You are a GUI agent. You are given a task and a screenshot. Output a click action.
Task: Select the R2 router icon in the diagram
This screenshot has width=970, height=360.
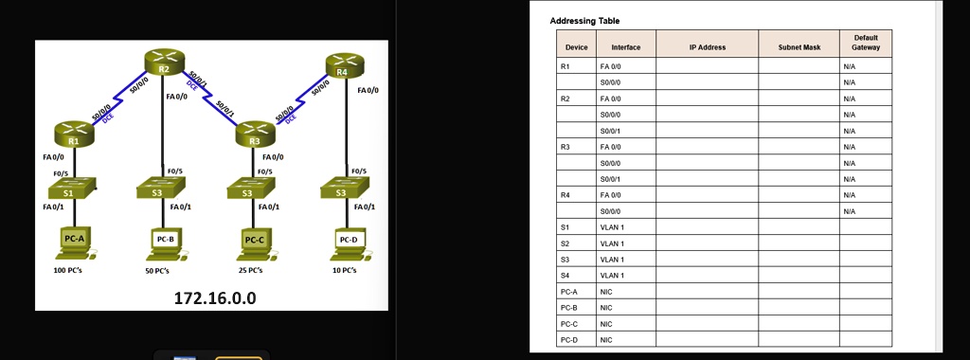(163, 62)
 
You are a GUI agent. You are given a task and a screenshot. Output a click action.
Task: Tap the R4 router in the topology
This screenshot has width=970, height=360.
(343, 64)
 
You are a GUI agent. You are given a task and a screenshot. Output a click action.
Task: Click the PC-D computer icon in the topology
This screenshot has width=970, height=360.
(349, 241)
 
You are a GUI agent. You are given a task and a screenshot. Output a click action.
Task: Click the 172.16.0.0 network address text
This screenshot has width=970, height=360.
(215, 298)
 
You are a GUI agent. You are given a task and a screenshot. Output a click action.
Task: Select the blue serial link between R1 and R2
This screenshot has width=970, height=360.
(117, 99)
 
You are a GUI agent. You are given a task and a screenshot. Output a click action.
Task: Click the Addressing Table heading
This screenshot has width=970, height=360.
(584, 21)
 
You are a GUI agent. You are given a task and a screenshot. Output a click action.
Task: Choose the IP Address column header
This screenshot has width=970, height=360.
(707, 46)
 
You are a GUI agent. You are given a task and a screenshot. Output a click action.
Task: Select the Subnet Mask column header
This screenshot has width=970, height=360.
(799, 46)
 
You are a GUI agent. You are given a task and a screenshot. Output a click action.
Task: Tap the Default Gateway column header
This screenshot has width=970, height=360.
(865, 43)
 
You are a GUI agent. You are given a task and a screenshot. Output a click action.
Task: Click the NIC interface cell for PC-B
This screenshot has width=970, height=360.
(625, 307)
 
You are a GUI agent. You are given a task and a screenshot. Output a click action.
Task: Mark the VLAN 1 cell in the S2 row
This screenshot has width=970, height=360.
(625, 243)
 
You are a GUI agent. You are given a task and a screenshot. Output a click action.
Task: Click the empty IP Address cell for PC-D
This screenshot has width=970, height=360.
(707, 339)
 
